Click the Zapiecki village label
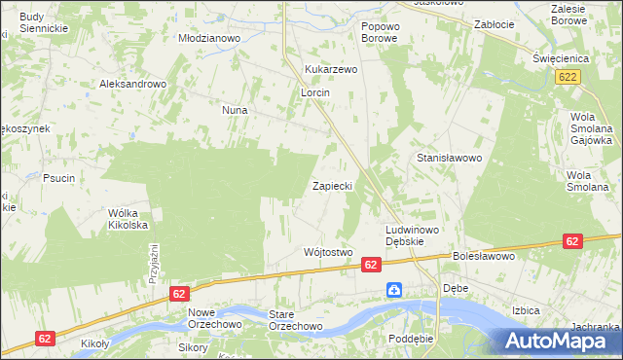[337, 185]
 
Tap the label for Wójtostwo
[327, 252]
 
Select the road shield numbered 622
[570, 75]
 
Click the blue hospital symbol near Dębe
[394, 290]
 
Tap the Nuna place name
[235, 111]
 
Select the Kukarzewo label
[332, 70]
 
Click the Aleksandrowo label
[133, 84]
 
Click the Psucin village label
[59, 178]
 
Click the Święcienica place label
[557, 56]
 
